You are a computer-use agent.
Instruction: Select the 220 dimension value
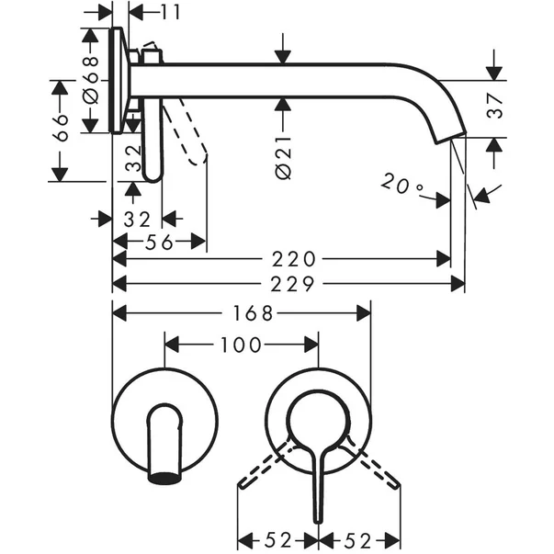[x=295, y=260]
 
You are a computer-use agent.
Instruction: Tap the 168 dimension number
[x=253, y=313]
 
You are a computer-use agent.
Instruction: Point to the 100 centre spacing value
[x=240, y=345]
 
